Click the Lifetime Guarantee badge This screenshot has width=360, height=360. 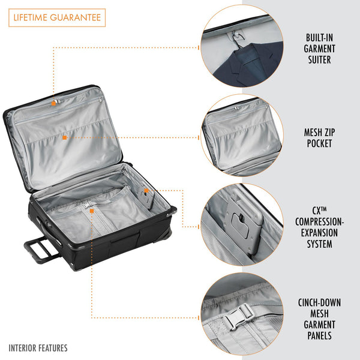[57, 18]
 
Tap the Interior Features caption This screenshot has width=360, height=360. [38, 347]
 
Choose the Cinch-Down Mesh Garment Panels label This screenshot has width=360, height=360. [319, 319]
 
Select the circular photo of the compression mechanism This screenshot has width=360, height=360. [242, 225]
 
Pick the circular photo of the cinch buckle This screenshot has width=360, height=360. [242, 314]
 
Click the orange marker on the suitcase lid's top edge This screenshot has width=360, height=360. [53, 103]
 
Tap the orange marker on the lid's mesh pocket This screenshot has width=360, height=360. [64, 137]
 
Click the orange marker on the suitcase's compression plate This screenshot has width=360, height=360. [145, 191]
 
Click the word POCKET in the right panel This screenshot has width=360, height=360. [319, 144]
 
